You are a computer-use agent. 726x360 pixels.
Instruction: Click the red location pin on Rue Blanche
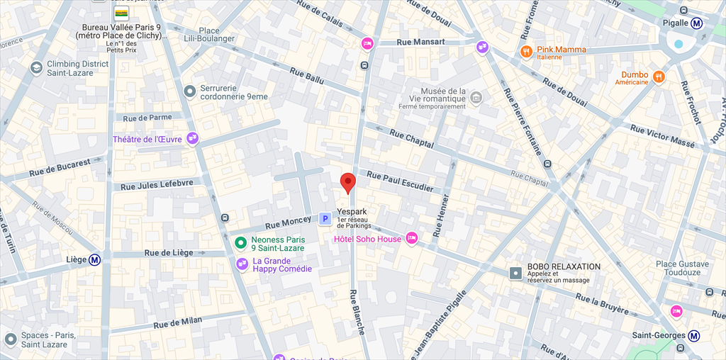pyautogui.click(x=347, y=182)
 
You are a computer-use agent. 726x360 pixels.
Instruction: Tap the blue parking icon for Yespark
pyautogui.click(x=325, y=219)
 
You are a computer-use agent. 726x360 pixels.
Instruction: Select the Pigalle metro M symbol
pyautogui.click(x=697, y=23)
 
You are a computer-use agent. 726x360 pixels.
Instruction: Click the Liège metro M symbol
pyautogui.click(x=94, y=259)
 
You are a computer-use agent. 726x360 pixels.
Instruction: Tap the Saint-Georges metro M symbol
pyautogui.click(x=697, y=335)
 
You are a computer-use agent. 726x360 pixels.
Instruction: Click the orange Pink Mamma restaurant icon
pyautogui.click(x=526, y=51)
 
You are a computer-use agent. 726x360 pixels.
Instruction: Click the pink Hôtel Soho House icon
pyautogui.click(x=411, y=238)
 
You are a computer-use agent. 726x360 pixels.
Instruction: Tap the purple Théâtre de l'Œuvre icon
pyautogui.click(x=192, y=139)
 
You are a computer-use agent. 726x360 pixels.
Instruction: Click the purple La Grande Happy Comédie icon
pyautogui.click(x=242, y=264)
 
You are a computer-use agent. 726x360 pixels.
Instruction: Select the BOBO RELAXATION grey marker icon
pyautogui.click(x=516, y=272)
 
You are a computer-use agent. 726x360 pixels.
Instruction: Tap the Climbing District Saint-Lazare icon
pyautogui.click(x=36, y=68)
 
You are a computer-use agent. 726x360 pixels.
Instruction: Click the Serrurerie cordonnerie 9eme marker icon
pyautogui.click(x=189, y=91)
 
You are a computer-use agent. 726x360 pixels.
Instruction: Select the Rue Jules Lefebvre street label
pyautogui.click(x=157, y=185)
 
